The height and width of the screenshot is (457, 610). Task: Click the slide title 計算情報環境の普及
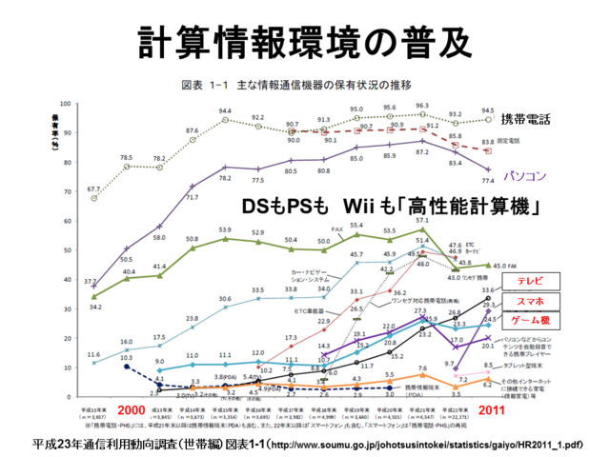click(305, 38)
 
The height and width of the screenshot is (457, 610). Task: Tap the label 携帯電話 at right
click(526, 120)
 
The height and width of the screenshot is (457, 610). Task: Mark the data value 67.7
click(94, 190)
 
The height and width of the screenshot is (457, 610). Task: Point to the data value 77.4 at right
click(488, 179)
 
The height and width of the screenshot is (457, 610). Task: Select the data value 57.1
click(420, 219)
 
